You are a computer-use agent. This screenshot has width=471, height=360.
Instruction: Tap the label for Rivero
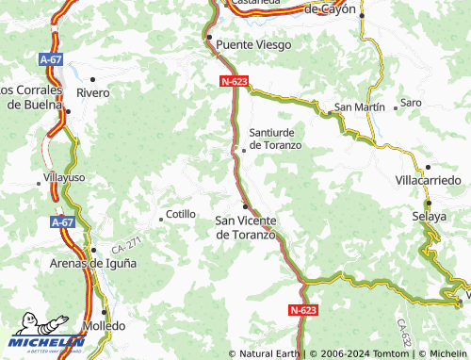(93, 93)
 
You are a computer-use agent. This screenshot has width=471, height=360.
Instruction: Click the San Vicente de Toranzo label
(246, 227)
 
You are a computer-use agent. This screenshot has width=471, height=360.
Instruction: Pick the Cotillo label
(181, 214)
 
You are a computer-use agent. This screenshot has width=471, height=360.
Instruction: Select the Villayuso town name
(65, 176)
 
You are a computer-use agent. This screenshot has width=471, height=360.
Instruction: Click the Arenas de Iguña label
(92, 263)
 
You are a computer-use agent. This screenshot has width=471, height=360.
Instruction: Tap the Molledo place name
(104, 325)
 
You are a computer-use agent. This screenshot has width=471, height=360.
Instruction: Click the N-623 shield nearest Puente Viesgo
(234, 82)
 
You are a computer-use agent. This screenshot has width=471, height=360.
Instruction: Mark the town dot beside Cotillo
(161, 220)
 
